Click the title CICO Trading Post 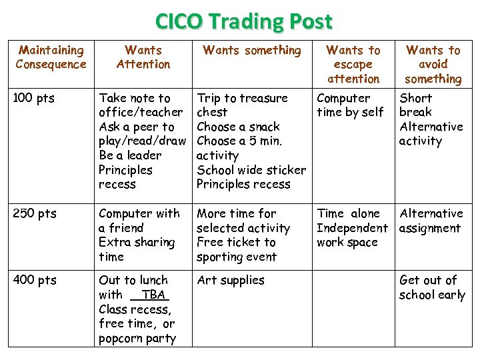[x=243, y=21]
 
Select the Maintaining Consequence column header [x=51, y=57]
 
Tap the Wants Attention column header [x=143, y=57]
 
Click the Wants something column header [x=252, y=50]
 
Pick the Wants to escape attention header [x=353, y=64]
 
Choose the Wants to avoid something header [x=433, y=64]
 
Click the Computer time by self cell [x=350, y=105]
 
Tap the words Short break [x=415, y=105]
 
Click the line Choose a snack [x=238, y=127]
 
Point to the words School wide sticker [x=251, y=170]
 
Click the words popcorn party [x=137, y=339]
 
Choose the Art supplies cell [x=231, y=281]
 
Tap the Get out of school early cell [x=432, y=287]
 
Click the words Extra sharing [x=137, y=243]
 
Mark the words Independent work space [x=351, y=235]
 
